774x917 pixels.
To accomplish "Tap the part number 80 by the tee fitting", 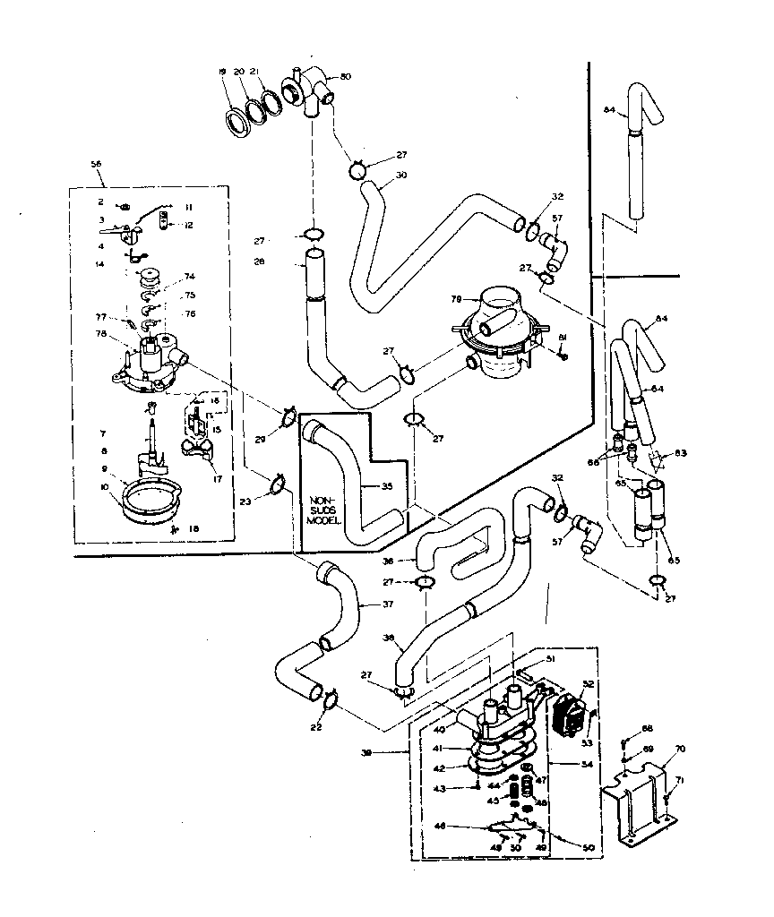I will [x=346, y=76].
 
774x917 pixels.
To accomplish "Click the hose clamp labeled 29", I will [x=288, y=416].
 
